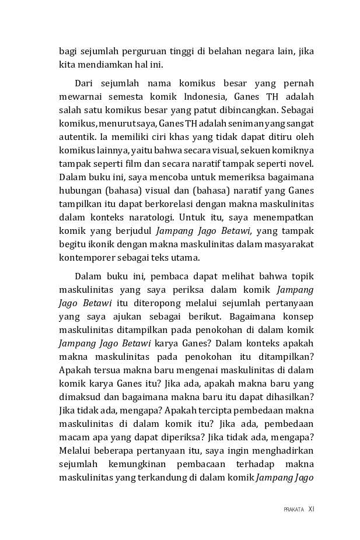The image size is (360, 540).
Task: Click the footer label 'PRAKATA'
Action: (x=293, y=510)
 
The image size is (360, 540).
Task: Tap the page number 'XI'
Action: (x=311, y=509)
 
